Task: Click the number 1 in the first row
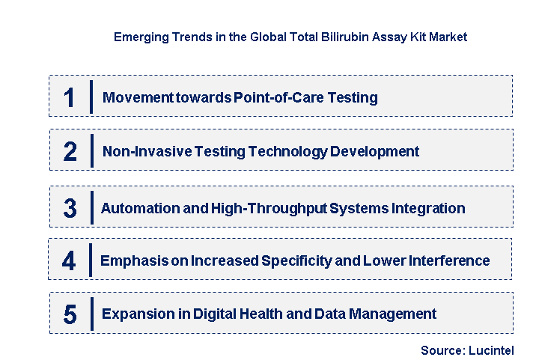coord(70,98)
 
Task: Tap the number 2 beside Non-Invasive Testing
coord(70,152)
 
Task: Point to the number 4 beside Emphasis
coord(69,261)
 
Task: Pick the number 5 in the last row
coord(70,314)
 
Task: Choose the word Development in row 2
coord(374,151)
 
